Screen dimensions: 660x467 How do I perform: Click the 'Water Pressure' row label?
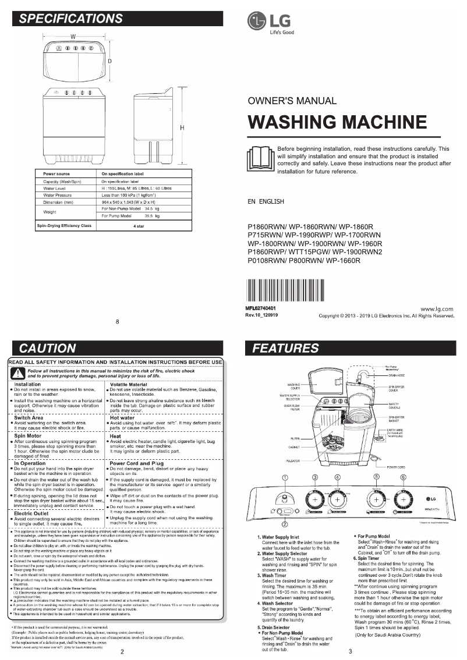point(57,195)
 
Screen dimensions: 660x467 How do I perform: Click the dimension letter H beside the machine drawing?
point(182,127)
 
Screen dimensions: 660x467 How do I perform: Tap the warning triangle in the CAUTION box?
point(17,373)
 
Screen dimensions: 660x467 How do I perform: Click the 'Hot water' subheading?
point(122,417)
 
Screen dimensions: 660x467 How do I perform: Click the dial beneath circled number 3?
point(315,501)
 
